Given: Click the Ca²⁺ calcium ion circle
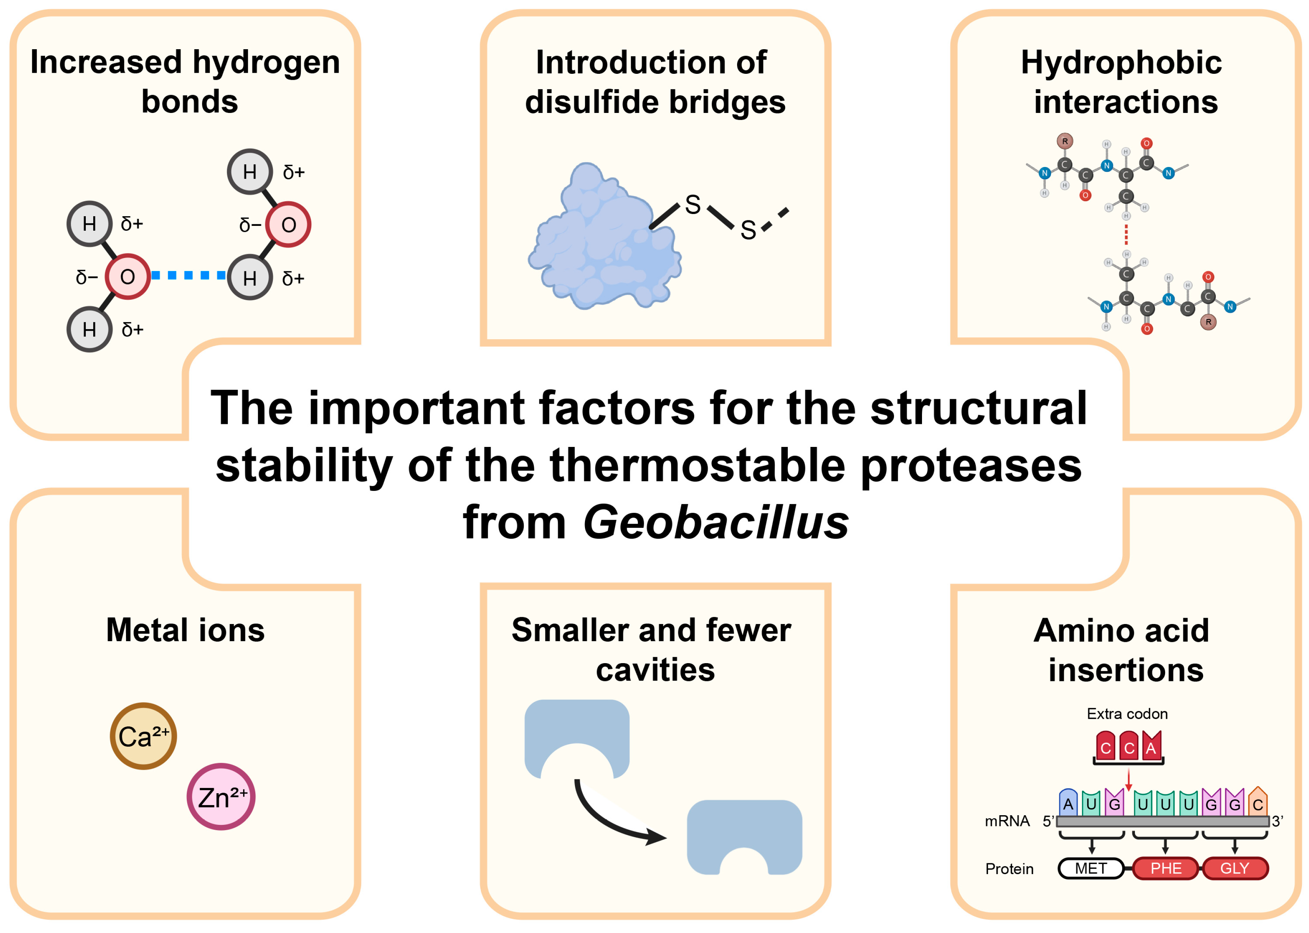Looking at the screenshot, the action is click(x=143, y=736).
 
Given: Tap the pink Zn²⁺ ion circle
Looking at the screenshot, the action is click(x=221, y=796).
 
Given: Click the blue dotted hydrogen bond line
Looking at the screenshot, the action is click(x=189, y=276).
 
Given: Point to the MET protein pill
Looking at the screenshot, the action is click(x=1090, y=868).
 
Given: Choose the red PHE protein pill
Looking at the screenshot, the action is click(x=1165, y=868).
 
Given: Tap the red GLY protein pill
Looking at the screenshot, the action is click(x=1234, y=868).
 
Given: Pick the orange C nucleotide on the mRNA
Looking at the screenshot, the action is click(x=1257, y=803).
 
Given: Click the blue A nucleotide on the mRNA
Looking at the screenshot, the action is click(x=1068, y=803).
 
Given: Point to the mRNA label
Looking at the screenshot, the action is click(x=1007, y=821).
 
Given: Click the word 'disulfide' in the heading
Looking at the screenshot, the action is click(x=592, y=102).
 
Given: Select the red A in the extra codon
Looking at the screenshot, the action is click(x=1151, y=747).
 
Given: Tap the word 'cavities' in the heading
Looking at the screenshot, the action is click(x=655, y=670).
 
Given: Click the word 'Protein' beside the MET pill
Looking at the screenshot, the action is click(x=1009, y=869).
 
